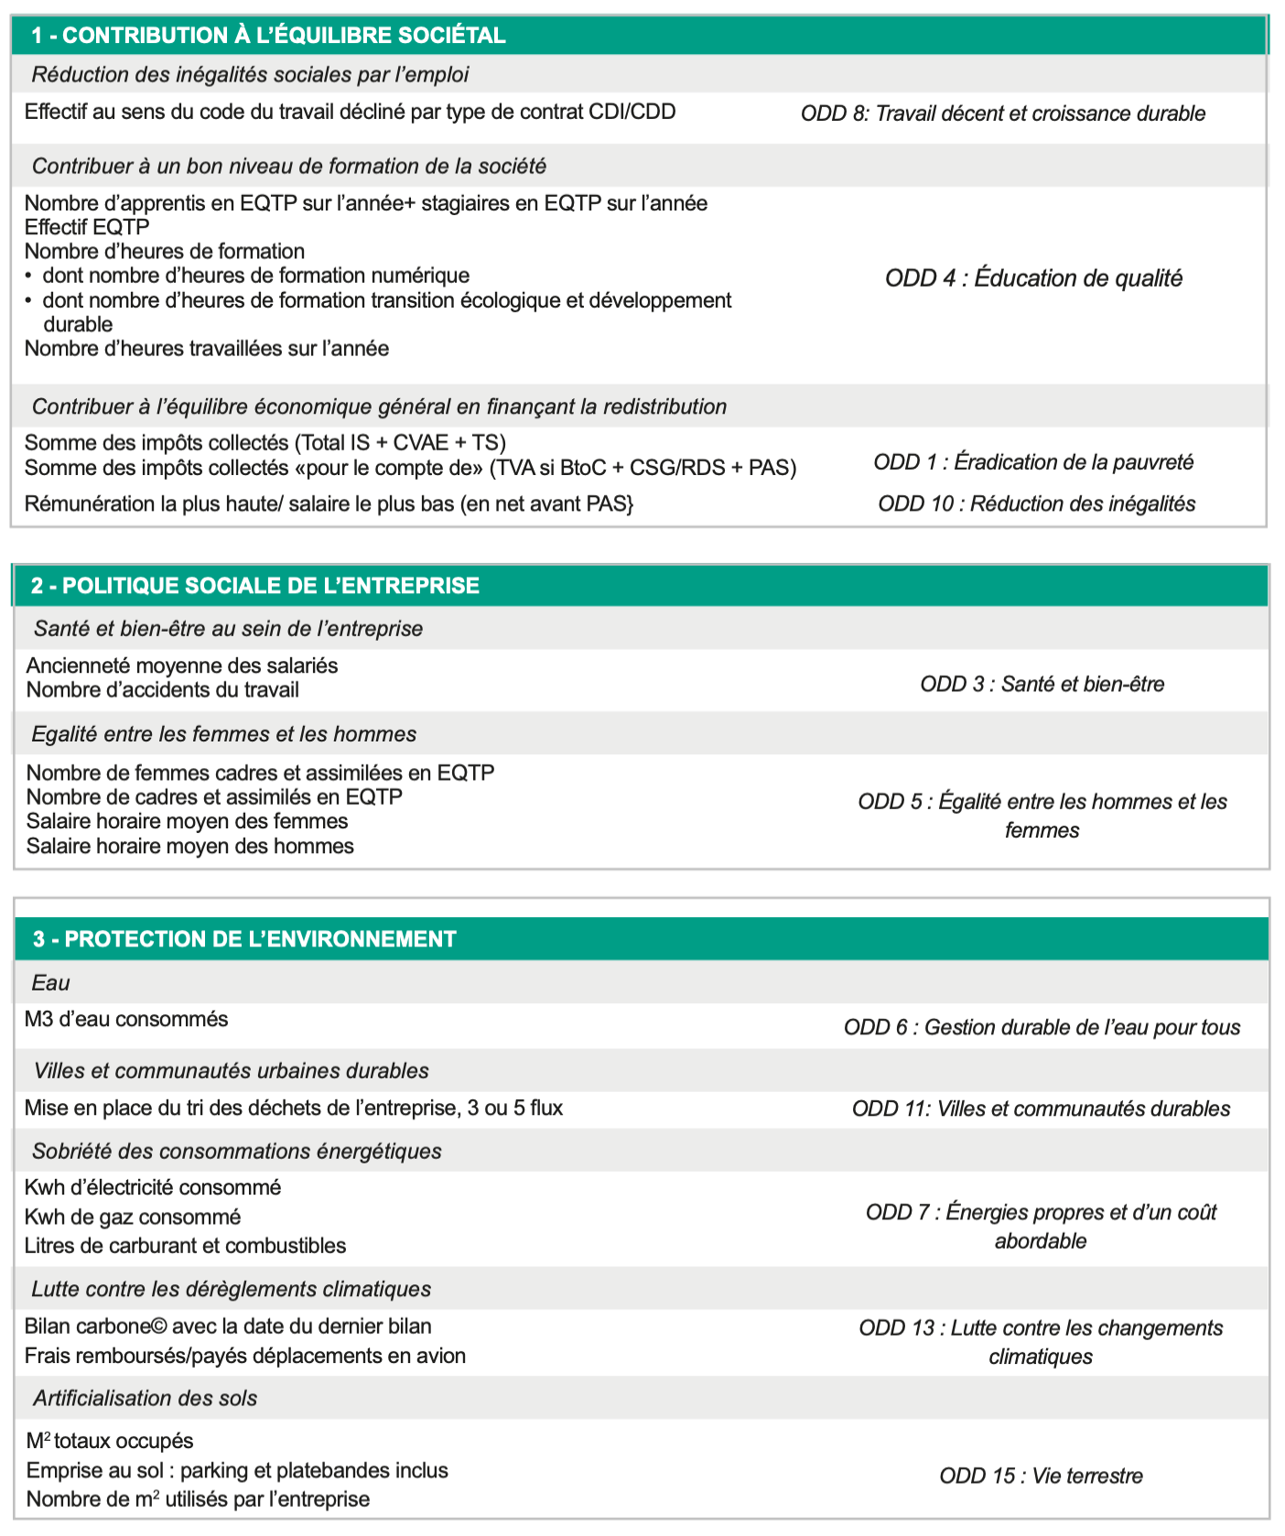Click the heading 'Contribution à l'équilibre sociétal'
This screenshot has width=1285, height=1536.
click(268, 36)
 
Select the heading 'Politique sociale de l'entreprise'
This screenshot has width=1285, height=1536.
click(255, 586)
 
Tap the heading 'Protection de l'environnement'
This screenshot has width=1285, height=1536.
click(244, 939)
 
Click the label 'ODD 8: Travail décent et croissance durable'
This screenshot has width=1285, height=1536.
click(1003, 114)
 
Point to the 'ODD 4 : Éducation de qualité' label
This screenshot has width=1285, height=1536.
click(1033, 278)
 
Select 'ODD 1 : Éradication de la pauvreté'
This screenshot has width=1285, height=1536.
click(1033, 462)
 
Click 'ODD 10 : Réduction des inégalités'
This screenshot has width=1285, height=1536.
click(1036, 503)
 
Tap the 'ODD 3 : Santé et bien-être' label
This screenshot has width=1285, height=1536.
click(1042, 684)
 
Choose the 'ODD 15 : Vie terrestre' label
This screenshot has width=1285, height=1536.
click(1041, 1476)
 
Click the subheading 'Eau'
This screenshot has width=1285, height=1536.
click(51, 983)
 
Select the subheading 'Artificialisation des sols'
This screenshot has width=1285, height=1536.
click(145, 1398)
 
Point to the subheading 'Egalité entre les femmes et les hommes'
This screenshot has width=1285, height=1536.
click(223, 734)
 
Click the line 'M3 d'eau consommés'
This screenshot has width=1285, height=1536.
click(126, 1019)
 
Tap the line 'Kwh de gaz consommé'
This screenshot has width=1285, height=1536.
click(133, 1217)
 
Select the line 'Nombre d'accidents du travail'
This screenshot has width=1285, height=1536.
click(163, 689)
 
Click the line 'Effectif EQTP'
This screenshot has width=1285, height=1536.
click(87, 227)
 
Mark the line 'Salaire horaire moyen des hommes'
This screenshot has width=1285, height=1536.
click(189, 846)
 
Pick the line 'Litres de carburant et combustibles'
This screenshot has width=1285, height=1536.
click(185, 1246)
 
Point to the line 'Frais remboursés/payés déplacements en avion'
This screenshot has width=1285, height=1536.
click(245, 1356)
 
